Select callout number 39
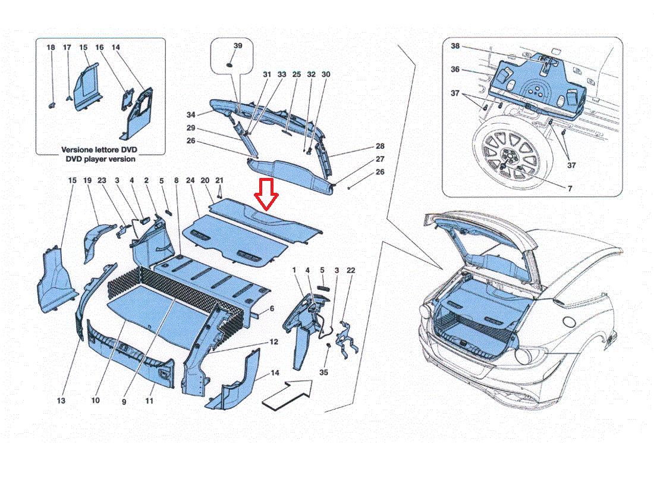(x=238, y=46)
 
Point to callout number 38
(x=455, y=46)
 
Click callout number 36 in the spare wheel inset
(x=455, y=70)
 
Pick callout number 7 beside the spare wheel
(x=568, y=188)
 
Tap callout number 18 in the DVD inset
(x=51, y=47)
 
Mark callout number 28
(x=380, y=146)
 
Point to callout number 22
(x=351, y=271)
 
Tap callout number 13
(x=61, y=401)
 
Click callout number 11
(x=149, y=401)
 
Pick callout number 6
(x=272, y=309)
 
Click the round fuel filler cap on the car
(x=569, y=322)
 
